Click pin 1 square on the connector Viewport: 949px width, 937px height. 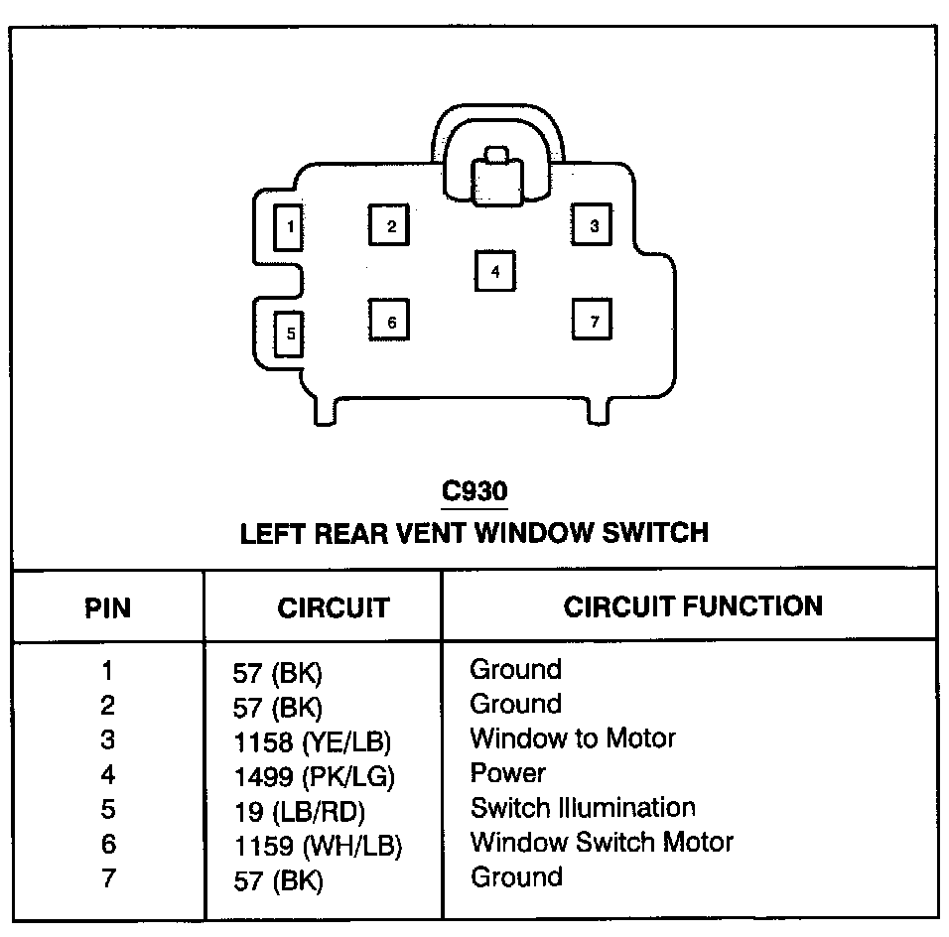pyautogui.click(x=289, y=227)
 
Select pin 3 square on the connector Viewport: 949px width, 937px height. pyautogui.click(x=593, y=225)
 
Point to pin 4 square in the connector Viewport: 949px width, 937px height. pyautogui.click(x=495, y=270)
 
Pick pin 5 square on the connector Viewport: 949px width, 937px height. pyautogui.click(x=289, y=333)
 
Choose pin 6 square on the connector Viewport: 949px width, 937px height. pyautogui.click(x=390, y=322)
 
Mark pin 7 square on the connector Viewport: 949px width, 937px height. pyautogui.click(x=593, y=321)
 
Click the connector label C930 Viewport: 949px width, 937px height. pyautogui.click(x=474, y=491)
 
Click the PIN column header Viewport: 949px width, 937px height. pyautogui.click(x=107, y=606)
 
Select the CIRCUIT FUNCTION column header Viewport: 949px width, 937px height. pyautogui.click(x=692, y=605)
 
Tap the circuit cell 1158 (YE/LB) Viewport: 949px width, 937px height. pyautogui.click(x=311, y=741)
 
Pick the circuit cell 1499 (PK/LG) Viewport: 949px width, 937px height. pyautogui.click(x=313, y=776)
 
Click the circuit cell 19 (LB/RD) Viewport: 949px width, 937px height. pyautogui.click(x=299, y=811)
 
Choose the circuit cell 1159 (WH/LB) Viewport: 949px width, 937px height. pyautogui.click(x=317, y=846)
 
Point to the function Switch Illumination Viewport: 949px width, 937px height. pyautogui.click(x=583, y=807)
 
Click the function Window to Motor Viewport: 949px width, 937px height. pyautogui.click(x=573, y=738)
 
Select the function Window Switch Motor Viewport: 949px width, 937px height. pyautogui.click(x=602, y=843)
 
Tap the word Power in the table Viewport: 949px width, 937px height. pyautogui.click(x=507, y=772)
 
